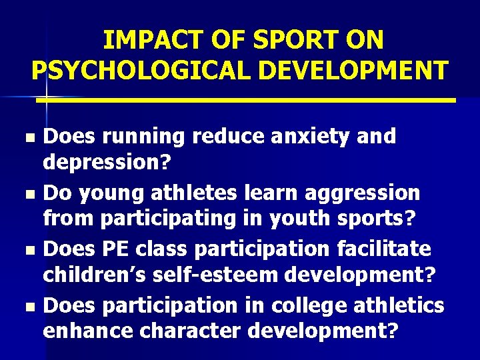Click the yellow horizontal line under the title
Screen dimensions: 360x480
(247, 100)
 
